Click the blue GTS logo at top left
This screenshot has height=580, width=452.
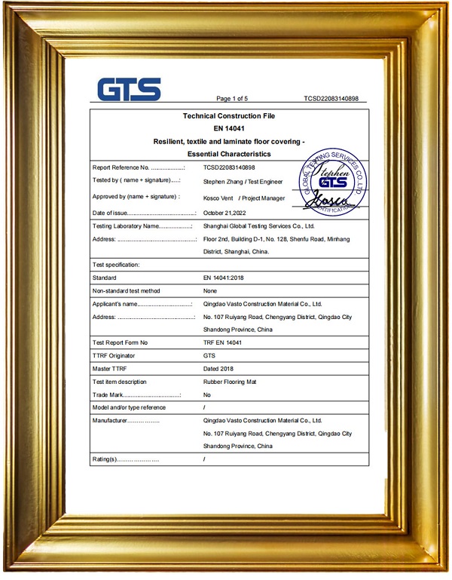129,89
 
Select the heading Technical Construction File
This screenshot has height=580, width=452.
229,116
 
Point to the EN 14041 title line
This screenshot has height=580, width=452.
229,129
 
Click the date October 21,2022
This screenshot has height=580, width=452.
225,213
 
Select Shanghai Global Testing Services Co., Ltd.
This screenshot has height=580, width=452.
259,226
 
